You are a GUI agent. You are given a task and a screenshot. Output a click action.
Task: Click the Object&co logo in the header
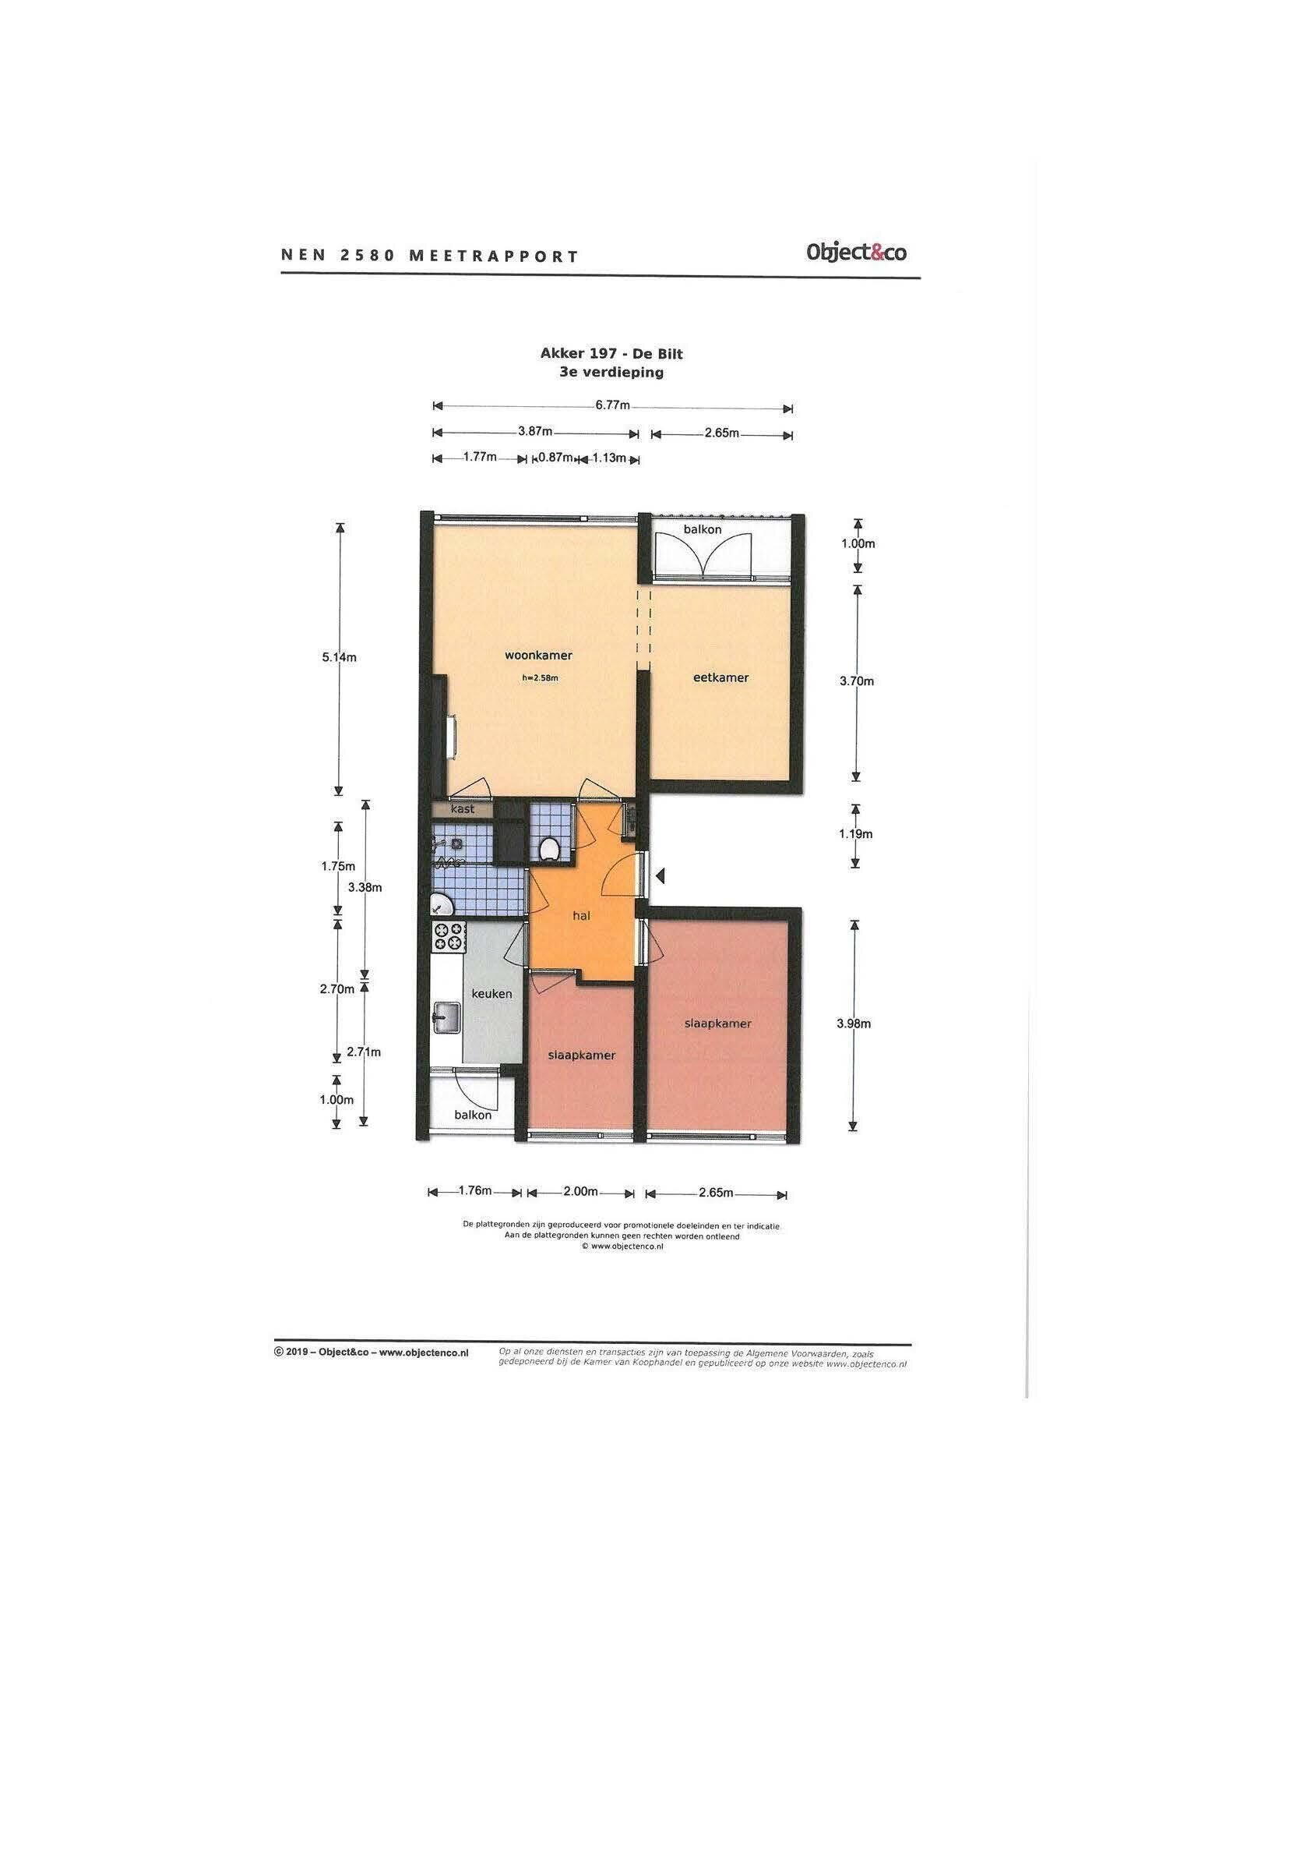[856, 253]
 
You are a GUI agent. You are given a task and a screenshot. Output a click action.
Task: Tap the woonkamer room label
[538, 656]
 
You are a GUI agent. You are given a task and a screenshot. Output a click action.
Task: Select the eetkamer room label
[720, 677]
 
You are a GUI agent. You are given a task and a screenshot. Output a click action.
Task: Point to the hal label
[580, 916]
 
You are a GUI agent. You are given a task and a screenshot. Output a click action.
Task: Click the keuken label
[492, 994]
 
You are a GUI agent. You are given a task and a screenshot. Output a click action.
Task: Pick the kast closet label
[463, 808]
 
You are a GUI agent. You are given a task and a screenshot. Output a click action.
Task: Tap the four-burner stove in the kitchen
[449, 937]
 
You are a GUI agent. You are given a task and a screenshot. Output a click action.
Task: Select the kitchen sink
[446, 1018]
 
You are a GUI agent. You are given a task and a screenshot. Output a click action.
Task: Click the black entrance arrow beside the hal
[661, 875]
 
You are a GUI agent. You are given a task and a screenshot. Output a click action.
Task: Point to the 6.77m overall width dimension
[613, 406]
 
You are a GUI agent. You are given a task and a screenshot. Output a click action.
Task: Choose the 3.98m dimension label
[854, 1024]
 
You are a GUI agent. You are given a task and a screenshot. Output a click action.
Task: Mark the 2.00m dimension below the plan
[580, 1192]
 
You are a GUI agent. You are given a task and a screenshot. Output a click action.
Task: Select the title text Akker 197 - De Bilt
[612, 353]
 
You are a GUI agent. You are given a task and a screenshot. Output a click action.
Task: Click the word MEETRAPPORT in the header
[494, 256]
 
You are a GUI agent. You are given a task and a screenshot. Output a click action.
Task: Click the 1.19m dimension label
[856, 833]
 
